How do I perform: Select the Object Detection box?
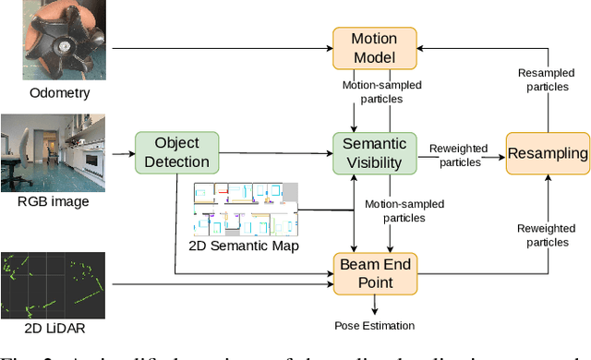tap(177, 152)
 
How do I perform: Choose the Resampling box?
tap(548, 153)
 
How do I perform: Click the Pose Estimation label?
tap(373, 325)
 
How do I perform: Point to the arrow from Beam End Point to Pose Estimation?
tap(373, 302)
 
